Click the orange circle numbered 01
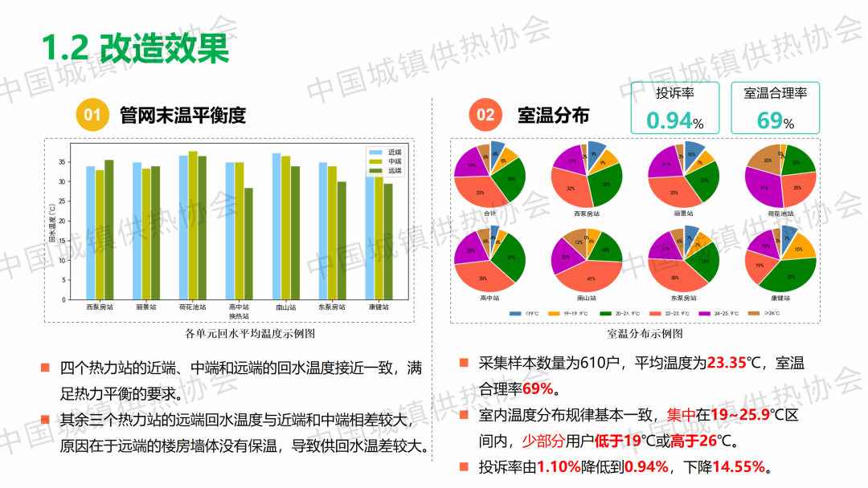[x=92, y=115]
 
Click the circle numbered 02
[x=485, y=115]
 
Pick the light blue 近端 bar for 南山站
[x=276, y=226]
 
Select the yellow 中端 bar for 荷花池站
[x=193, y=226]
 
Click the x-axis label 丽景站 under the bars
[x=145, y=307]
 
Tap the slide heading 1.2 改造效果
[x=135, y=48]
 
